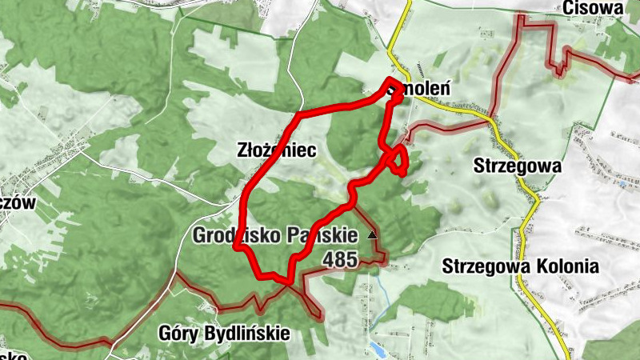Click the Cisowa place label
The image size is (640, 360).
click(592, 7)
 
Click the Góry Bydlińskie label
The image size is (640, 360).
click(224, 333)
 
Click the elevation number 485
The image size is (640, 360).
click(341, 259)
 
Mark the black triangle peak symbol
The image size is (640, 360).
click(371, 235)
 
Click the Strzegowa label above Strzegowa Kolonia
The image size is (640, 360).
click(518, 166)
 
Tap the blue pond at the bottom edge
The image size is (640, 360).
click(376, 349)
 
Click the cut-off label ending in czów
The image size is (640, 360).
click(16, 203)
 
